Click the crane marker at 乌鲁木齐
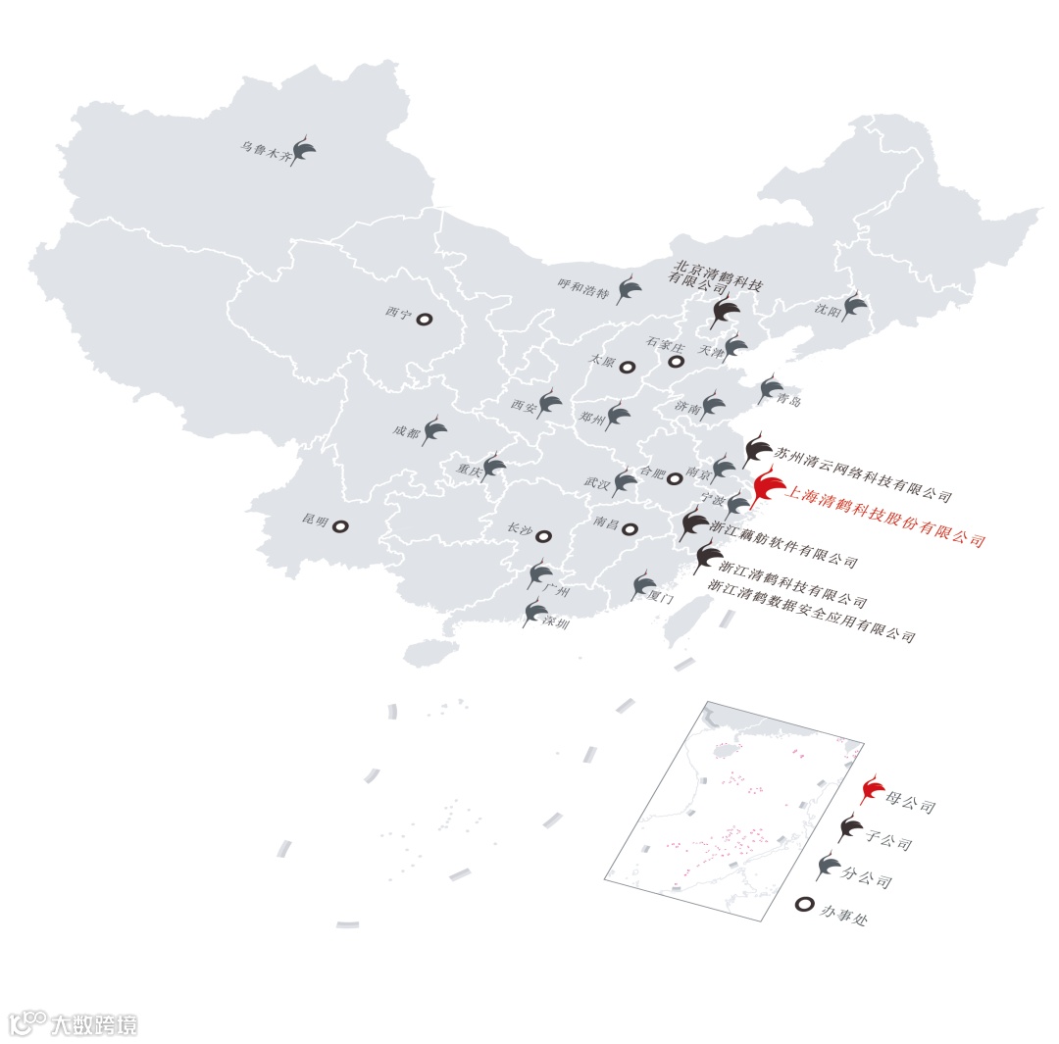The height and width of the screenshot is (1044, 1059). [304, 151]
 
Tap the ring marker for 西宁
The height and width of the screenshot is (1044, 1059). [425, 319]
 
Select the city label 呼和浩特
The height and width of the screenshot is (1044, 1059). [584, 287]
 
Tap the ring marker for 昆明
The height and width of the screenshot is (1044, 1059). [339, 526]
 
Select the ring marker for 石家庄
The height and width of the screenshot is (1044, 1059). [676, 362]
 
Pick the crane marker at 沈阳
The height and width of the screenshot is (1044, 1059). [854, 305]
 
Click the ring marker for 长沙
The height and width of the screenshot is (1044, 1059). [543, 536]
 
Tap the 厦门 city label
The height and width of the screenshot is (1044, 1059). [659, 595]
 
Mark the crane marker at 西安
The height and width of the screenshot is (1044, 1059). [550, 402]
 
